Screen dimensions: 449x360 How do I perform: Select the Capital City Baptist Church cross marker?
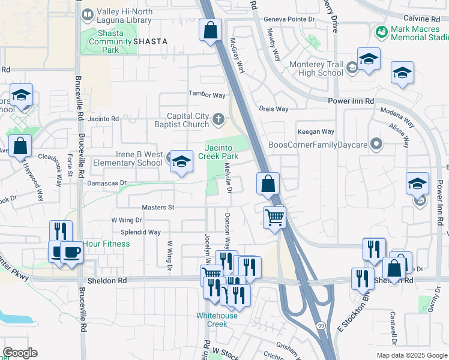[218, 121]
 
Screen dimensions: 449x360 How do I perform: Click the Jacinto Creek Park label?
[221, 151]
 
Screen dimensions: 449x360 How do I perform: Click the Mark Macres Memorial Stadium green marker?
[380, 31]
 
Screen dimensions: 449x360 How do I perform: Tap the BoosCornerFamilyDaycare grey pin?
[376, 144]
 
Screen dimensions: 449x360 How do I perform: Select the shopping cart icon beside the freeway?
[274, 218]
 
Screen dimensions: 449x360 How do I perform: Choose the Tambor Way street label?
[206, 95]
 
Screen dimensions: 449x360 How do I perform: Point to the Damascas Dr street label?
[107, 182]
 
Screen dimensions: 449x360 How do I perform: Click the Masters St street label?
[157, 207]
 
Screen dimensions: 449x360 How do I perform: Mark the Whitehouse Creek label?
[212, 319]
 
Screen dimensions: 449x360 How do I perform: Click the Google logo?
[20, 353]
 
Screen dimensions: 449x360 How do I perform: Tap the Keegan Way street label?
[316, 132]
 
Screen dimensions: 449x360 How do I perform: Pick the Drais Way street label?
[274, 109]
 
